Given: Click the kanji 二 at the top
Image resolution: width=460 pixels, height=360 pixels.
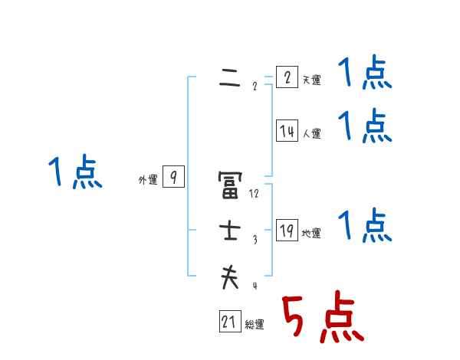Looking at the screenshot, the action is tap(229, 79).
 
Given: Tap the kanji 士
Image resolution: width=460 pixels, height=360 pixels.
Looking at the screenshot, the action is tap(229, 231).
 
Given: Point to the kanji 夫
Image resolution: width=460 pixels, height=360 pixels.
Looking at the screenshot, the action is tap(229, 277).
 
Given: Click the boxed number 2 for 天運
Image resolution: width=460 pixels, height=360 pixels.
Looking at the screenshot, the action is tap(286, 78).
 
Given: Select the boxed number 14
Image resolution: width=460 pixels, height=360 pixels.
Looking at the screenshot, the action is tap(286, 131).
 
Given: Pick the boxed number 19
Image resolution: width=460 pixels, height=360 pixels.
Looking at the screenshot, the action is tap(286, 231).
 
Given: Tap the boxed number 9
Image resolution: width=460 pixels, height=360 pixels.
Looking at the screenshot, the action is tap(174, 178).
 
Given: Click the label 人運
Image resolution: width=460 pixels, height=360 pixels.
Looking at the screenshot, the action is tap(311, 133).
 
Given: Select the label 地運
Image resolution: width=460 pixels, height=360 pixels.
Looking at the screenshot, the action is tap(311, 233).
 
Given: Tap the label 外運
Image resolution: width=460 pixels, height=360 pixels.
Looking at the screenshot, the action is tap(148, 180).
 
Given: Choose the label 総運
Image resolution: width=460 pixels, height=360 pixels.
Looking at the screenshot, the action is tap(255, 325).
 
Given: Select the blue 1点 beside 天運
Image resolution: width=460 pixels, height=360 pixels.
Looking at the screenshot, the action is tap(364, 74).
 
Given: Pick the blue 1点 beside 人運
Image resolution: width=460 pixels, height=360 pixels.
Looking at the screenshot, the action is tap(364, 126).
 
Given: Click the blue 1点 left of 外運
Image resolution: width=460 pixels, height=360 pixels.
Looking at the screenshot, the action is tap(75, 172).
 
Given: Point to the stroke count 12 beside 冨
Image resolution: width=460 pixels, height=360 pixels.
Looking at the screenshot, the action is tap(255, 194).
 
